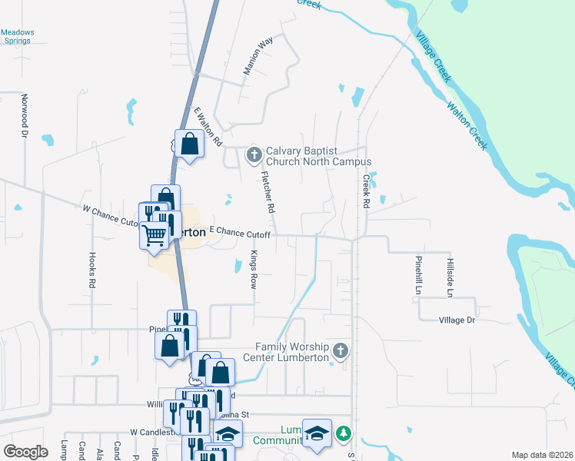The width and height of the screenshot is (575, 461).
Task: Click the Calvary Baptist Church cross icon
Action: click(254, 156)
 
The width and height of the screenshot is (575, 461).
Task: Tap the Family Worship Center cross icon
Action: click(341, 352)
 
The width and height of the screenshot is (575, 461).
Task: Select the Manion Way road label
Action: click(258, 56)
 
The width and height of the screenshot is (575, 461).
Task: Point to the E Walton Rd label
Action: click(208, 128)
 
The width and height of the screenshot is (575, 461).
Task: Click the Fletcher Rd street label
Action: click(268, 192)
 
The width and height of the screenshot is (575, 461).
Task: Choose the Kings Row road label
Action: click(253, 268)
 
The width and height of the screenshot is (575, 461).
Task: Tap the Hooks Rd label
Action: click(91, 270)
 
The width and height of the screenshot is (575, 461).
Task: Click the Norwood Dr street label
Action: click(24, 116)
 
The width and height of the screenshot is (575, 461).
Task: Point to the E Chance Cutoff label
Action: click(240, 233)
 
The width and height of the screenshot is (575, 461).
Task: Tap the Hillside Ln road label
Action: click(450, 277)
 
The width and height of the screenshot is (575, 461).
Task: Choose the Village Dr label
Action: click(457, 320)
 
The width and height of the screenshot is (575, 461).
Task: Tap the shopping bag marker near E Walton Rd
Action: click(189, 144)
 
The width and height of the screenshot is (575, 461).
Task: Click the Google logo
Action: click(25, 452)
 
